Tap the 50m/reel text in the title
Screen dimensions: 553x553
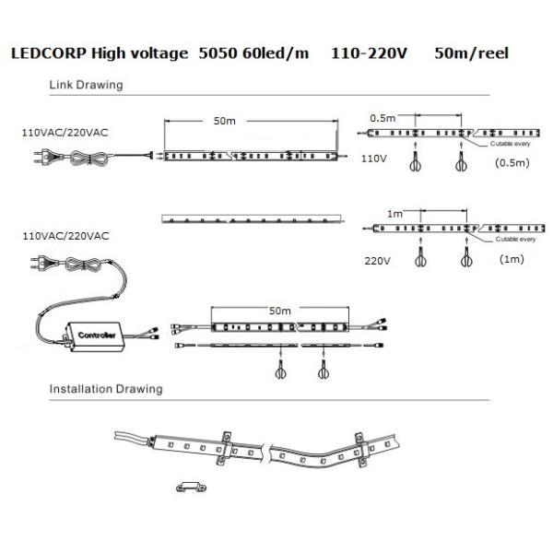click(470, 54)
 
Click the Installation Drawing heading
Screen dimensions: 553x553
click(105, 388)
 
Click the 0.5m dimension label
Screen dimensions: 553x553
click(382, 118)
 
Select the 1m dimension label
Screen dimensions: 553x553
click(394, 213)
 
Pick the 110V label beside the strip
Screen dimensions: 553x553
click(373, 159)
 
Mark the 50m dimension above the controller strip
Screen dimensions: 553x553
click(279, 311)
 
